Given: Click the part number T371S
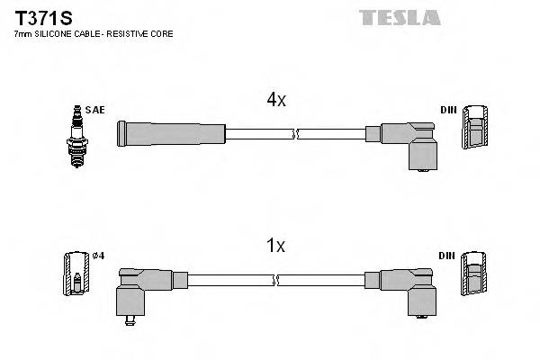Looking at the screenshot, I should click(40, 16).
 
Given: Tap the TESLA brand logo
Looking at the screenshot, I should click(400, 17).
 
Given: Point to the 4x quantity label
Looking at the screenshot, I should click(276, 101).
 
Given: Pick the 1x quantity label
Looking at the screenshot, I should click(276, 245).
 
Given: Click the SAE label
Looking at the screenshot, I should click(97, 110).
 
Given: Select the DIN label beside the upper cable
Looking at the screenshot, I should click(447, 110).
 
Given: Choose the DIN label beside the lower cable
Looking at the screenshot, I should click(447, 256).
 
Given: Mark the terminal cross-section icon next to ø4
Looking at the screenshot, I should click(76, 274).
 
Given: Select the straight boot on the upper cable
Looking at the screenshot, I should click(171, 135).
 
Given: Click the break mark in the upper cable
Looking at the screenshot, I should click(296, 135).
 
